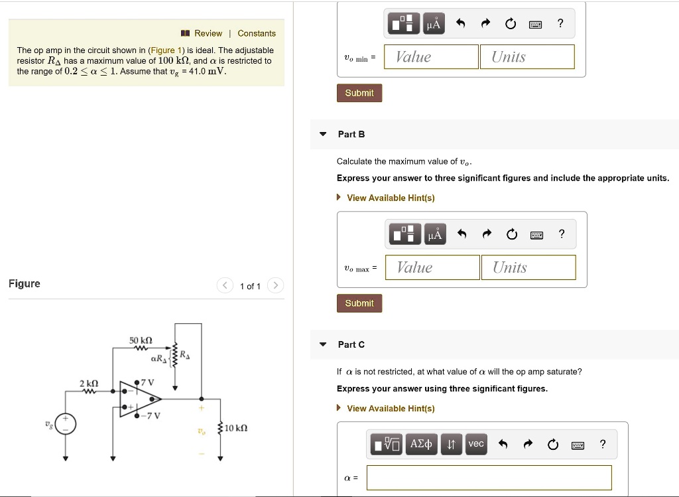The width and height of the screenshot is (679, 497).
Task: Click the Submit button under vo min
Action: click(x=359, y=93)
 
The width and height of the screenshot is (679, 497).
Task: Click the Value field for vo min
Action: click(x=431, y=57)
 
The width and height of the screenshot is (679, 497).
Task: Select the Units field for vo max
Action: click(x=528, y=267)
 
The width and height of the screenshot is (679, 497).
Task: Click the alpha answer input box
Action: click(x=489, y=477)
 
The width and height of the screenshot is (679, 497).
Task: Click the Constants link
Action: click(x=257, y=33)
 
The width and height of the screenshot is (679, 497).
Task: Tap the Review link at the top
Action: click(x=208, y=33)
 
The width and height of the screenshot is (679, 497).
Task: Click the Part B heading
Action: click(x=351, y=134)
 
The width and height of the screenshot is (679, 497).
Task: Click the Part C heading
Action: click(x=351, y=344)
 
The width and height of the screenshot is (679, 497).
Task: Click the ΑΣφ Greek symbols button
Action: click(x=421, y=444)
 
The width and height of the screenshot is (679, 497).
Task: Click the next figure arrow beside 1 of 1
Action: click(x=276, y=286)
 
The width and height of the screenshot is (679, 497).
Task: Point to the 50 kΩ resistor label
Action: click(x=141, y=340)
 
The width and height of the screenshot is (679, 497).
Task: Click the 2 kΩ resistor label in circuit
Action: click(x=89, y=384)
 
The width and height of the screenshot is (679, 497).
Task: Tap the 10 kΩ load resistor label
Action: click(x=237, y=428)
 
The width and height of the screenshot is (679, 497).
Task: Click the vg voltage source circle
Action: click(x=65, y=423)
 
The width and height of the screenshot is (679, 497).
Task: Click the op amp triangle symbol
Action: click(x=139, y=399)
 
